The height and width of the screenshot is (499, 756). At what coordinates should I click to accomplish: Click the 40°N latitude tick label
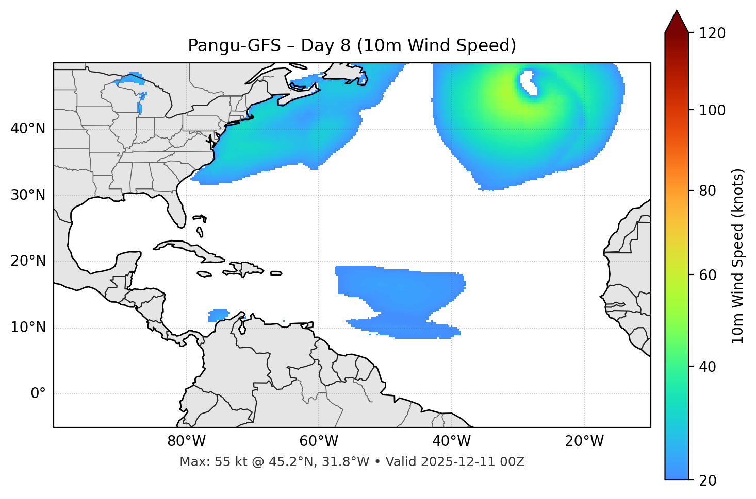(x=28, y=129)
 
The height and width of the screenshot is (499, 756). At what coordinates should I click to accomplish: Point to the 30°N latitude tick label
(x=28, y=195)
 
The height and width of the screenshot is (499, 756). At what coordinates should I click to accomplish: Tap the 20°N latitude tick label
(x=28, y=261)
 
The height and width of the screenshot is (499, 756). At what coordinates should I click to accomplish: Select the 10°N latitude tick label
(x=28, y=328)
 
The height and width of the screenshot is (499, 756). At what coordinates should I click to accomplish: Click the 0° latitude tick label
(x=38, y=394)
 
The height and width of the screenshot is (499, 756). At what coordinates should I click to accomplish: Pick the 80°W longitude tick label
(x=186, y=441)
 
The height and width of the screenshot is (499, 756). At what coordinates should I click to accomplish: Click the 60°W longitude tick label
(x=319, y=441)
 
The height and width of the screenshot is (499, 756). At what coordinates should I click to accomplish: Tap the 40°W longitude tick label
(x=451, y=441)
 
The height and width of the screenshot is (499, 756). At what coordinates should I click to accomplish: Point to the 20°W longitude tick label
(x=584, y=441)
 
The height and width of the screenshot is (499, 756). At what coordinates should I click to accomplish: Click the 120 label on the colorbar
(x=712, y=33)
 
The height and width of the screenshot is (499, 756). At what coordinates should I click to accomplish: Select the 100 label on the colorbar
(x=712, y=110)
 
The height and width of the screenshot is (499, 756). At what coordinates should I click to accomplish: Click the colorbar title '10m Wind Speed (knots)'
(x=738, y=256)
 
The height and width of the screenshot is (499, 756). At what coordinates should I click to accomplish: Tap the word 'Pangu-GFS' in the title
(x=234, y=46)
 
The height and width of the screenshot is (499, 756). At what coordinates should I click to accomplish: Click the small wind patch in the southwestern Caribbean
(x=219, y=315)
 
